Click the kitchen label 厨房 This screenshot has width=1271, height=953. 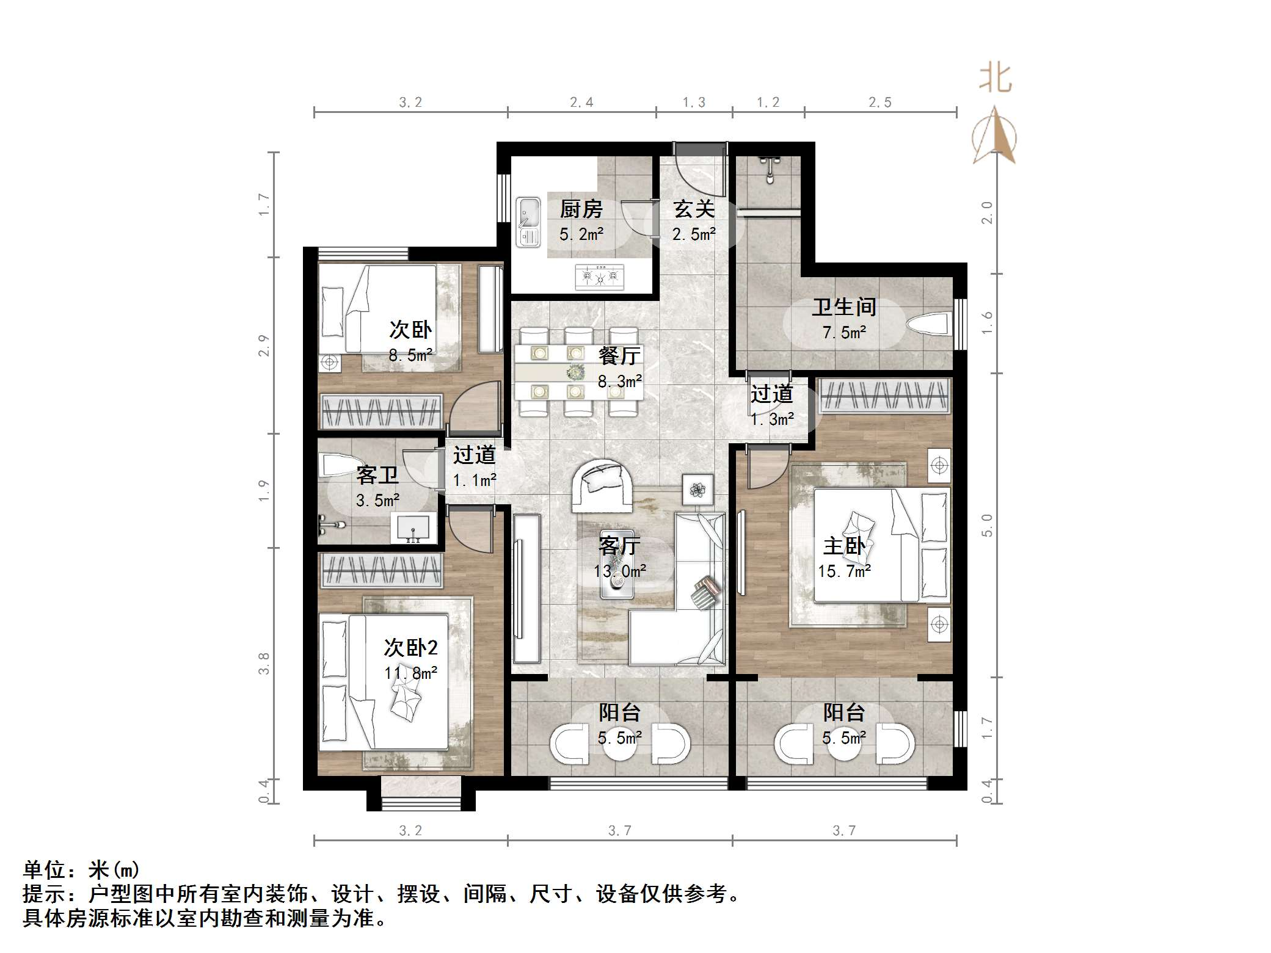coord(581,209)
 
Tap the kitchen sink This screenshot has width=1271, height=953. coord(528,222)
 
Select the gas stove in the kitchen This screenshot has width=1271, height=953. coord(600,277)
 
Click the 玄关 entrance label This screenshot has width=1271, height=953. coord(694,209)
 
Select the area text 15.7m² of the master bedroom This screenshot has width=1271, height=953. coord(845,571)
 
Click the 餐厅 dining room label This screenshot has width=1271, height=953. coord(619,355)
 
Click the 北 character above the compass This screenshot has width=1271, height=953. coord(996,78)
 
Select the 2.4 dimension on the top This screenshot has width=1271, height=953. coord(581,103)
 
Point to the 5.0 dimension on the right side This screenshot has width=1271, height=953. coord(987,525)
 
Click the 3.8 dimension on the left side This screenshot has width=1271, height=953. coord(264,664)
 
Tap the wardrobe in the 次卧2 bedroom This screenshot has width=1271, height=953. coord(382,570)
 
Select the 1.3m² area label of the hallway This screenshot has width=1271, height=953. coord(772,419)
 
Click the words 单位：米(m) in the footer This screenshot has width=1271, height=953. coord(81,869)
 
